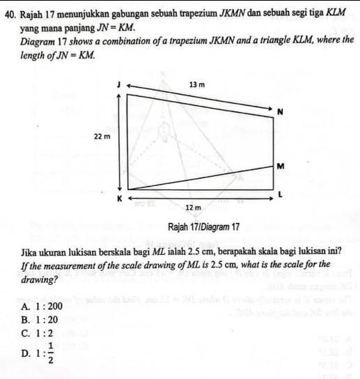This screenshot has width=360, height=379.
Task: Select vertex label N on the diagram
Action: coord(280,111)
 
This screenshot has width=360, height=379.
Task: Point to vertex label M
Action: coord(280,166)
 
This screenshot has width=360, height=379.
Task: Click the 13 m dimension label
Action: coord(197,84)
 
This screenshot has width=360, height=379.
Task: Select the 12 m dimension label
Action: coord(193,207)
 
